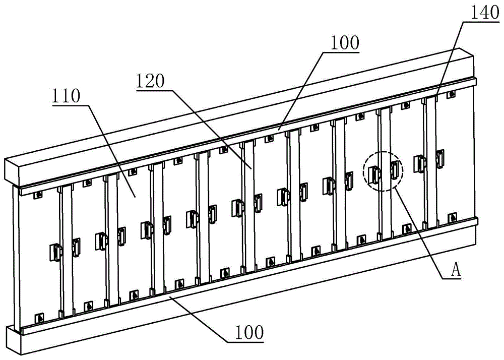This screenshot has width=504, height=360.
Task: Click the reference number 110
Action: tap(66, 96)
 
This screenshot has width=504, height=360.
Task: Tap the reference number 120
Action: tap(150, 81)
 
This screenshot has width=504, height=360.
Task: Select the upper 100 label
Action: tap(345, 43)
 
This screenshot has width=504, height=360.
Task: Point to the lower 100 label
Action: tap(249, 332)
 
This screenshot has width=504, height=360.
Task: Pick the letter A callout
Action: tap(456, 271)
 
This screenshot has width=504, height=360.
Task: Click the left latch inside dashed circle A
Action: tap(374, 174)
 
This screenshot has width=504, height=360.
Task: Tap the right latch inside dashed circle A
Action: tap(395, 170)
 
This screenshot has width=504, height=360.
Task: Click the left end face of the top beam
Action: tap(12, 172)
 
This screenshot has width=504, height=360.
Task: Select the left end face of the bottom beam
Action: tap(14, 340)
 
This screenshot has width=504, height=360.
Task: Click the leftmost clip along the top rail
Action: tap(39, 195)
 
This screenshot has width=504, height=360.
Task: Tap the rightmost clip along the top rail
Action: tap(452, 94)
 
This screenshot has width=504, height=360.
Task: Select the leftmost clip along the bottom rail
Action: tap(39, 318)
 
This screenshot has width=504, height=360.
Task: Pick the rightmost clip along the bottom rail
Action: tap(453, 218)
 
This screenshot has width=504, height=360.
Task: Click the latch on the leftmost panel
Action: tap(55, 252)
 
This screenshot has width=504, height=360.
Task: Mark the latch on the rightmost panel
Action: tap(440, 158)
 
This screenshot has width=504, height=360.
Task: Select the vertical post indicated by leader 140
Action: tap(430, 162)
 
